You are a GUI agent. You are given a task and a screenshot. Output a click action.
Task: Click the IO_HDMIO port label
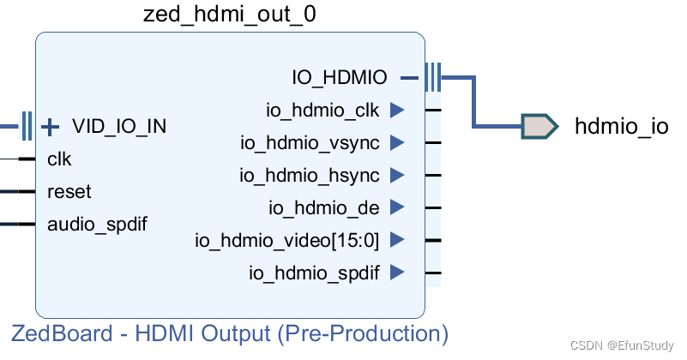(x=339, y=78)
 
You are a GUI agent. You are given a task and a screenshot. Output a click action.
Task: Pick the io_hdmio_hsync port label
(x=310, y=175)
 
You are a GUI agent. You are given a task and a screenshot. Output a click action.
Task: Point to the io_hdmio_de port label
(x=324, y=207)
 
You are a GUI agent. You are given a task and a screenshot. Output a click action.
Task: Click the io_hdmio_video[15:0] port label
(x=286, y=240)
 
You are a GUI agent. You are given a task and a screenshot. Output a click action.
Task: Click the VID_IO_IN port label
(x=119, y=127)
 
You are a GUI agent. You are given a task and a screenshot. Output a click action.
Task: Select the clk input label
(x=59, y=159)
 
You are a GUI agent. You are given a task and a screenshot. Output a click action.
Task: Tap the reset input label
(x=69, y=192)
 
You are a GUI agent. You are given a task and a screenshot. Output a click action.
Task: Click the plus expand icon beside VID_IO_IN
(x=51, y=127)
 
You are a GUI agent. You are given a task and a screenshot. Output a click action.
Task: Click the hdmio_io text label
(x=621, y=127)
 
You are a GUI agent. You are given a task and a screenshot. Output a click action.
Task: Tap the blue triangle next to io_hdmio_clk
(x=396, y=110)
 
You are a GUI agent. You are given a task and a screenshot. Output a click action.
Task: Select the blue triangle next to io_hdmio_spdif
(x=396, y=273)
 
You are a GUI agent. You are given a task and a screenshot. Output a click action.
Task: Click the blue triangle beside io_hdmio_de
(x=396, y=207)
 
